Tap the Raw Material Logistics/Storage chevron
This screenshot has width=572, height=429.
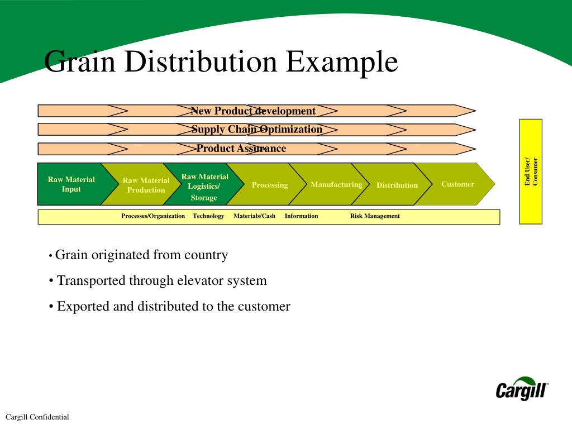(x=204, y=184)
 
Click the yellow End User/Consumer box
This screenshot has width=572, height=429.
(x=531, y=171)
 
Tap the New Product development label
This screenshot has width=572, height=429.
(x=253, y=111)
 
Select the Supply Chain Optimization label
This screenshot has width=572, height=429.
(x=257, y=129)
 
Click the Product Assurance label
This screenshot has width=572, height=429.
(x=241, y=148)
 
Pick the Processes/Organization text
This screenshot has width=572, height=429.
(x=153, y=216)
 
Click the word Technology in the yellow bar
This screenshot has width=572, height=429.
(x=208, y=216)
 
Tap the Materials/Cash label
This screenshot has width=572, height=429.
(x=254, y=216)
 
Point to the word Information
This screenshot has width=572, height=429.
(x=301, y=216)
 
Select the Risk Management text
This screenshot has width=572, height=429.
(x=375, y=216)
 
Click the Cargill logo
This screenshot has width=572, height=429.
(x=522, y=389)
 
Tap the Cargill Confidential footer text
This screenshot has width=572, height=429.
(x=37, y=417)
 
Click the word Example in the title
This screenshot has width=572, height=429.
(x=341, y=62)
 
